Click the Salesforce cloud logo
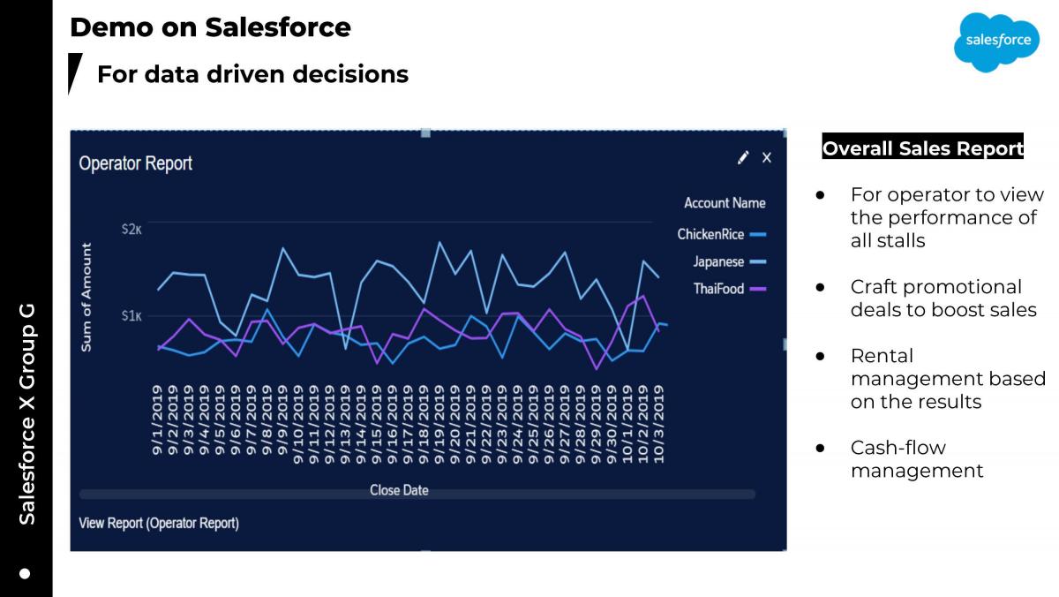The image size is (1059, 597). coord(996,42)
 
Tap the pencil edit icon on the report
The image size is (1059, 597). coord(743,157)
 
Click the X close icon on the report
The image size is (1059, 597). coord(767,157)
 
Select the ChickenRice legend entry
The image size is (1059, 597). coord(722,234)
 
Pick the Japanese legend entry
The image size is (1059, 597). coord(730,261)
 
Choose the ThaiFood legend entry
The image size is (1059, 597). coord(730,289)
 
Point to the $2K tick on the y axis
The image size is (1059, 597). coord(131,230)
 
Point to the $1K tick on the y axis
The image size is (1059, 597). coord(131,315)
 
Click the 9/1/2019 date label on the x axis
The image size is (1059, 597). coord(157,420)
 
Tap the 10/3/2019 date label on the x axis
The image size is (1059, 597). coord(658,424)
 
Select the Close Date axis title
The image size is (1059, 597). coord(399,490)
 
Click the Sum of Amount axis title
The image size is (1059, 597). coord(86,297)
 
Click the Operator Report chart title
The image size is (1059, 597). coord(136,163)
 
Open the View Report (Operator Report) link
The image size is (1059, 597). coord(159,523)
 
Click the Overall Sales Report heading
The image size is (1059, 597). coord(923,148)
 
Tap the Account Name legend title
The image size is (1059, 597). coord(725,203)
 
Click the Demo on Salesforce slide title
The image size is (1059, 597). coord(210,27)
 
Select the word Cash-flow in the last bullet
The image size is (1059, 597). coord(898,448)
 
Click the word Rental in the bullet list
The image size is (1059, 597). coord(882,356)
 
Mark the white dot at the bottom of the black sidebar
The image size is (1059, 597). coord(25,574)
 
